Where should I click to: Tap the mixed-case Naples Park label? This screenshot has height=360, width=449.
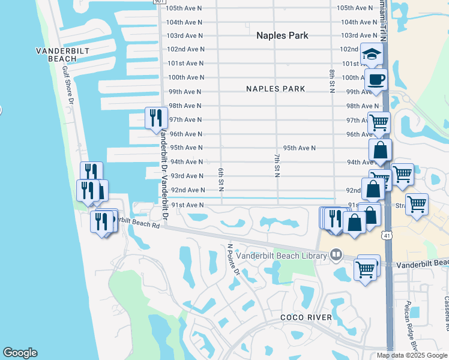(282, 35)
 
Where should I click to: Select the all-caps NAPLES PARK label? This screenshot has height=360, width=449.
(276, 89)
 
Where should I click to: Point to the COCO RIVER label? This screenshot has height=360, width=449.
(306, 317)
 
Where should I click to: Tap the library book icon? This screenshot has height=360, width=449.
(336, 256)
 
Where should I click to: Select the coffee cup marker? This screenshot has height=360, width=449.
(376, 80)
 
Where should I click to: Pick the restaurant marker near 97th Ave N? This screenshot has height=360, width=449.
(156, 118)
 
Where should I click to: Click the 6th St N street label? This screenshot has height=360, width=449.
(221, 180)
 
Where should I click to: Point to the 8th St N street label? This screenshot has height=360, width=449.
(331, 82)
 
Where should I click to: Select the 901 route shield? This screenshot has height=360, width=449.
(158, 2)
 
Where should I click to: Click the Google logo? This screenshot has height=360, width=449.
(20, 353)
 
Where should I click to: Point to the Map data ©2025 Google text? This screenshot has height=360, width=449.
(412, 355)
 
